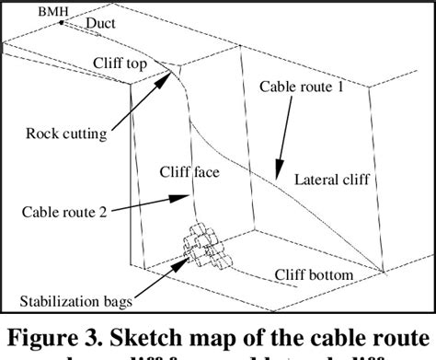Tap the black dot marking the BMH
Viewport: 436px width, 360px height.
[x=61, y=21]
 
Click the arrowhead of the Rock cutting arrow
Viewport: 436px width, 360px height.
[x=172, y=75]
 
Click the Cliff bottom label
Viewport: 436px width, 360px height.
[x=316, y=274]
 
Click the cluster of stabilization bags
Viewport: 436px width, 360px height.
[x=204, y=246]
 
